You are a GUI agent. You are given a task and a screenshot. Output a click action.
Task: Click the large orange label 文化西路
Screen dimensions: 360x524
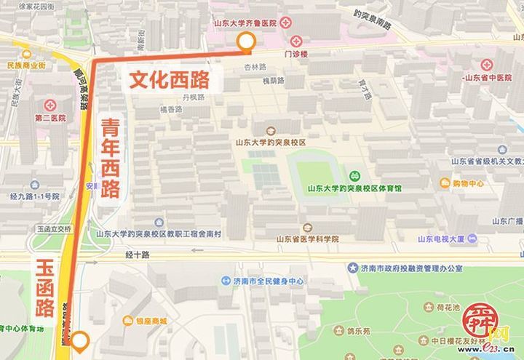(x=169, y=79)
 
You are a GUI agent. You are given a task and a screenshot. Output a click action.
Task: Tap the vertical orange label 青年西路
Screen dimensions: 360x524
(x=110, y=158)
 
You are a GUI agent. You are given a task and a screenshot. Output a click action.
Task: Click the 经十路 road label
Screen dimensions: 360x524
(x=137, y=255)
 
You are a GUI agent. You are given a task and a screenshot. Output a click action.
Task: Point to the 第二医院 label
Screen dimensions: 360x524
(x=49, y=117)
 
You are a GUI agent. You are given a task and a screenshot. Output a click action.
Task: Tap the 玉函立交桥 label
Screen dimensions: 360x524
(x=54, y=228)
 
